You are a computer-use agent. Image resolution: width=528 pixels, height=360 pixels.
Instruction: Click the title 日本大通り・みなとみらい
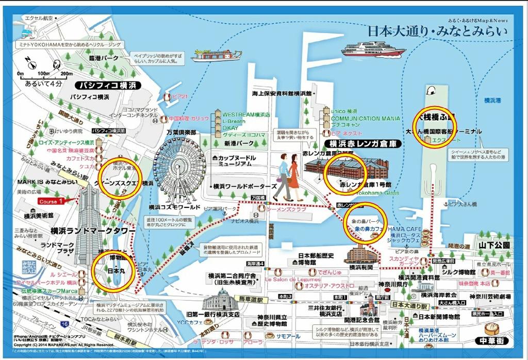pos(437,31)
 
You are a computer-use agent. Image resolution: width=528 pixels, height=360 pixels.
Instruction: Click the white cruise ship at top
pos(373,50)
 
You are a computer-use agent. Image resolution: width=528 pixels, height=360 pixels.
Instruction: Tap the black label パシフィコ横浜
pos(106,85)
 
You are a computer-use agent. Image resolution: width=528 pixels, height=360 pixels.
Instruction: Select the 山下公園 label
pos(493,245)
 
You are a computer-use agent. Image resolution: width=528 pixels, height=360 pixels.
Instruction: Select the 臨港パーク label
pos(104,58)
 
